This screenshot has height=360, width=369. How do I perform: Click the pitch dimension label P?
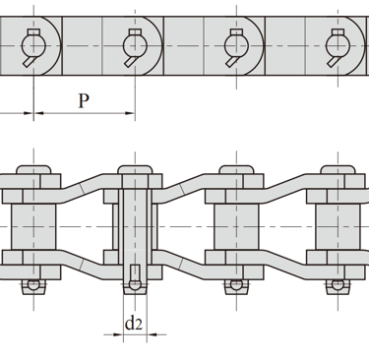(x=84, y=100)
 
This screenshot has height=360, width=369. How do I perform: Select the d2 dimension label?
(x=134, y=323)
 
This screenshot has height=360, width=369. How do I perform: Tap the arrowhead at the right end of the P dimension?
(x=130, y=113)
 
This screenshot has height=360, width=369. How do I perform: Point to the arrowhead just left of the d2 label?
(x=118, y=334)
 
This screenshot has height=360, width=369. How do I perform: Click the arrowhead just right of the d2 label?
(x=152, y=334)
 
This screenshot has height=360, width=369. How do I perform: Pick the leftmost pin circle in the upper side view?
(x=33, y=46)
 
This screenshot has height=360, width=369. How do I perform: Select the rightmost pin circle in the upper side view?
(x=338, y=46)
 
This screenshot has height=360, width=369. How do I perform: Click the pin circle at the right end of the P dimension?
(x=135, y=46)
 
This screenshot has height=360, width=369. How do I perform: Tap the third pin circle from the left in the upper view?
(x=236, y=46)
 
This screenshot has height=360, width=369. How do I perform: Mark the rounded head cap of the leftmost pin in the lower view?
(x=33, y=170)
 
